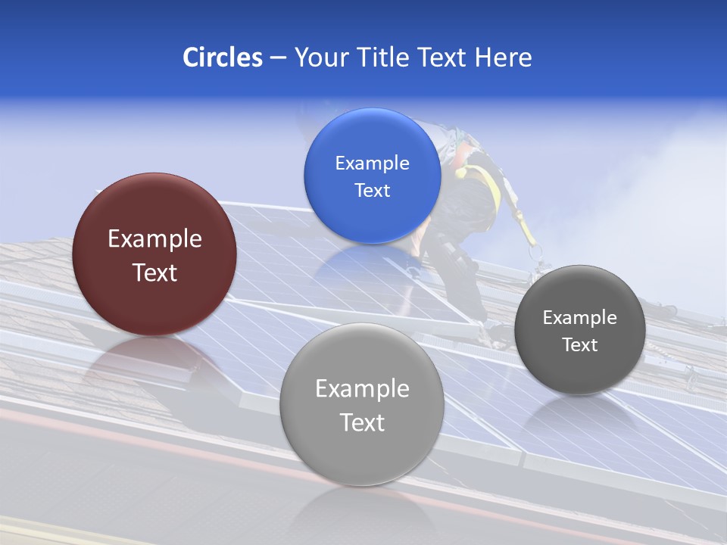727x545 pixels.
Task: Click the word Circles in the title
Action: (222, 58)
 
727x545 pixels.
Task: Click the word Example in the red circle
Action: (154, 239)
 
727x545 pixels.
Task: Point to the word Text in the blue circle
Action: (372, 190)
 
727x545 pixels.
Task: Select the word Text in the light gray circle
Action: (362, 422)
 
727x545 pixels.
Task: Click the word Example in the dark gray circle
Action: (579, 318)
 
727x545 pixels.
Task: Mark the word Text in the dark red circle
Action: (154, 272)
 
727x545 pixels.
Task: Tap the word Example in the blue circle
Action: (372, 163)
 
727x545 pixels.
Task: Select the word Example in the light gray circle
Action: (362, 389)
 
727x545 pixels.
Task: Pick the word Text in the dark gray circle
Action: (579, 345)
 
